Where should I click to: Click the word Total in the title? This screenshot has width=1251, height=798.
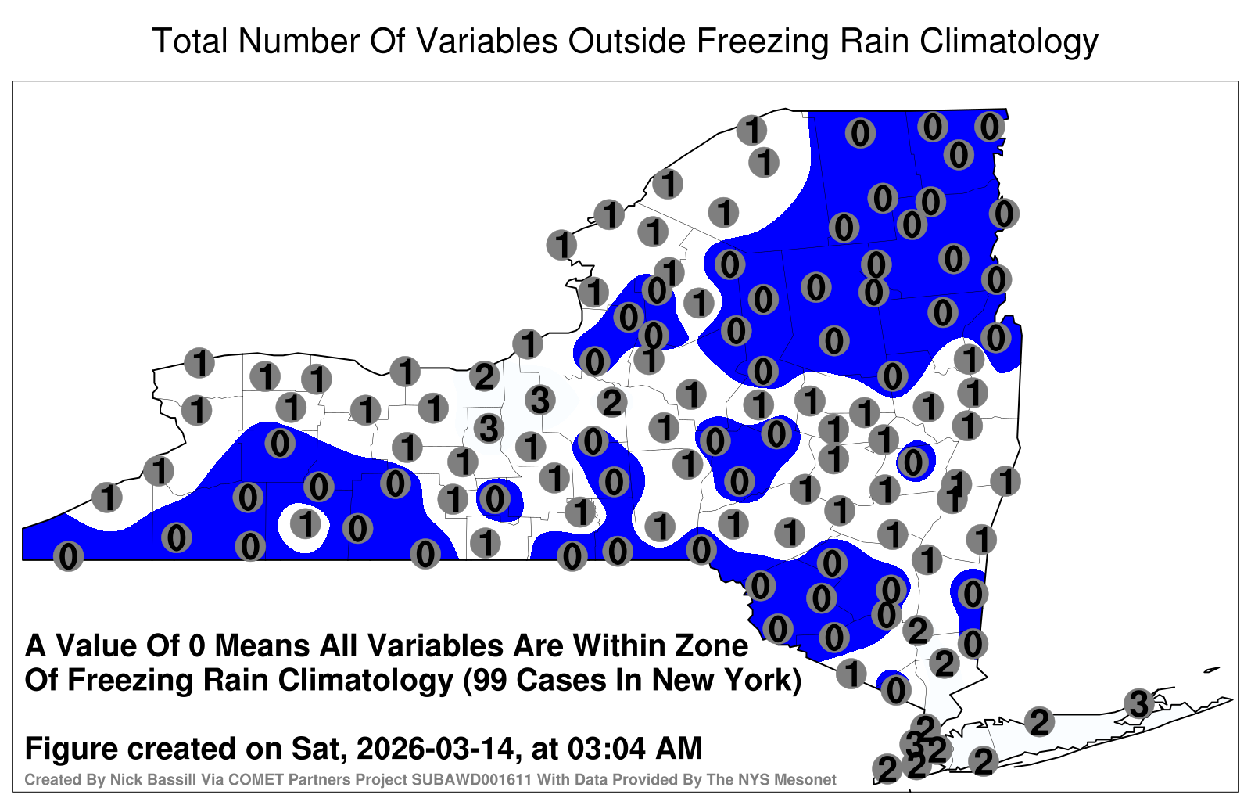tap(190, 41)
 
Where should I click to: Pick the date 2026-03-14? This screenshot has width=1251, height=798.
tap(435, 748)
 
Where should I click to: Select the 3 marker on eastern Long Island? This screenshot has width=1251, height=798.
tap(1138, 703)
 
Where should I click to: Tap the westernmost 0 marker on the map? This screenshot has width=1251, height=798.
tap(68, 556)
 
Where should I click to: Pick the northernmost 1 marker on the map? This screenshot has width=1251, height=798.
tap(751, 130)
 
